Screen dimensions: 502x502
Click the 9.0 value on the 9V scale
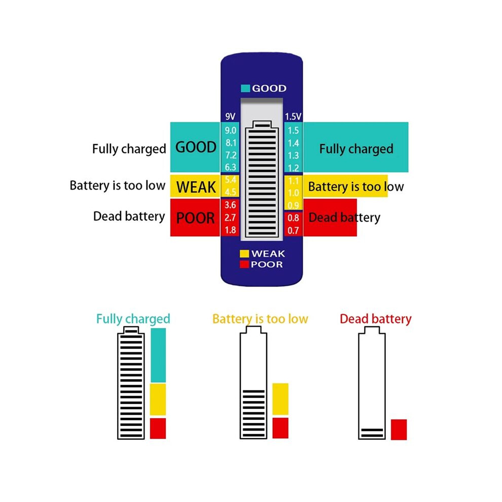(230, 130)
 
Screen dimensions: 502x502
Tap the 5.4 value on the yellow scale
(230, 180)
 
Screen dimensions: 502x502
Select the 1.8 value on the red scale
(230, 230)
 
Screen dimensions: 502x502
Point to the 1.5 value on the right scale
(293, 130)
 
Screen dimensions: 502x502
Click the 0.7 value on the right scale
(293, 230)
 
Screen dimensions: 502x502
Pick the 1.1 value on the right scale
(293, 181)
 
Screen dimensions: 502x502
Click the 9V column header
(230, 117)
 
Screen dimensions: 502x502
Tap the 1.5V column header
(293, 117)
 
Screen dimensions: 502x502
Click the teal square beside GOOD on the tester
(245, 88)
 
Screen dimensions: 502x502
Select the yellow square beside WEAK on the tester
(244, 254)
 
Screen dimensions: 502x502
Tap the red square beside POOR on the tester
(244, 265)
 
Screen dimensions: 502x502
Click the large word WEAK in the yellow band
(196, 187)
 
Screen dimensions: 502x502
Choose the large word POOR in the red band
(195, 218)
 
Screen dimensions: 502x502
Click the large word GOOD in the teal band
(196, 147)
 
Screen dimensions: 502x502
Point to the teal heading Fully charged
(133, 319)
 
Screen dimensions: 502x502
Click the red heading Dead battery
(376, 319)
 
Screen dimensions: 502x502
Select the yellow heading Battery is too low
(260, 319)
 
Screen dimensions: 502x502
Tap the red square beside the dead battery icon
(399, 429)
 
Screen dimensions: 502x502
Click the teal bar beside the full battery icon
(158, 355)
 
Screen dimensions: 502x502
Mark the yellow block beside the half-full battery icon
(280, 399)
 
